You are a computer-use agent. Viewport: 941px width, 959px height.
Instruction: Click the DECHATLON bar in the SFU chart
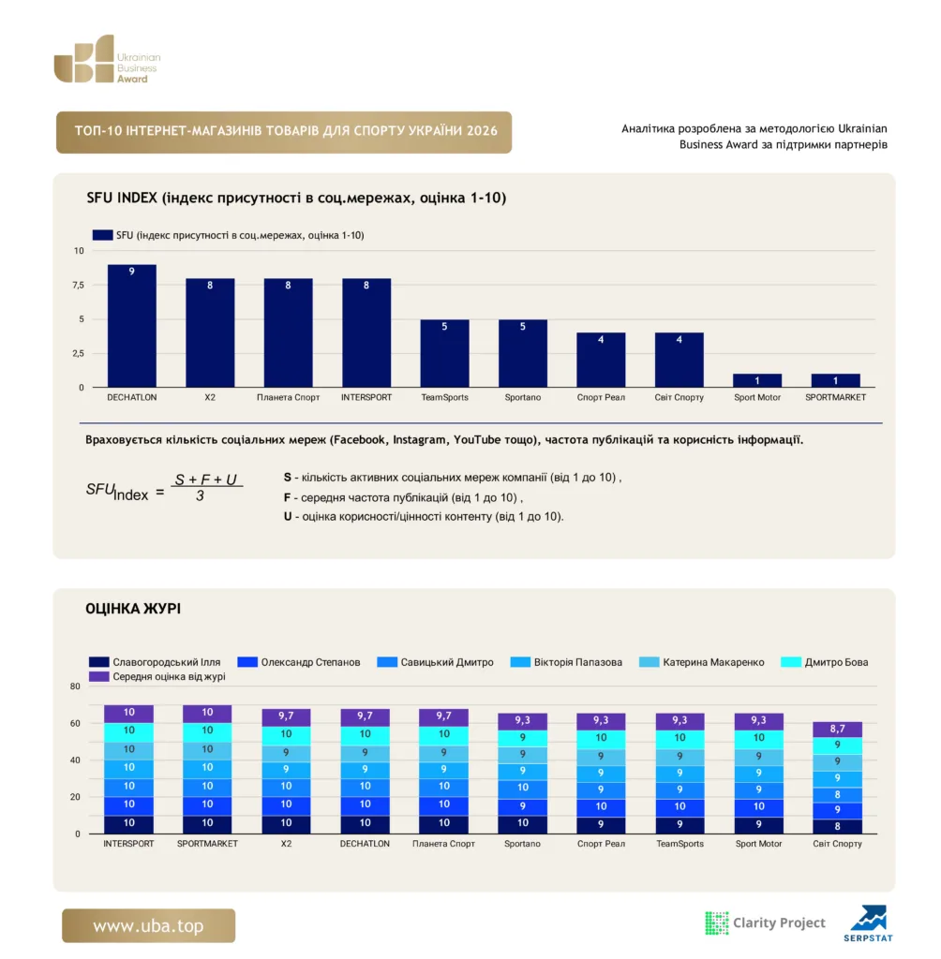pos(131,325)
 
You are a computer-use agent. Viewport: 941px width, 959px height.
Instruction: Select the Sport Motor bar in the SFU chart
pos(756,380)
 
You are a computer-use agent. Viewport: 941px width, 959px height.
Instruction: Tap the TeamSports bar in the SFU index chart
pos(444,353)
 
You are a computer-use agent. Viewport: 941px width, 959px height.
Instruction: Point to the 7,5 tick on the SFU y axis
pos(79,285)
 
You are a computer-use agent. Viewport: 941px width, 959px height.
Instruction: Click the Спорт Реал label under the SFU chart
pos(601,397)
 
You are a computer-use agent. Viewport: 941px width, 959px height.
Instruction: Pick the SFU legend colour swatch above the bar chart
pos(102,235)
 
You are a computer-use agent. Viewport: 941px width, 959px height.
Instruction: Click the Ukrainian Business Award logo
pos(107,59)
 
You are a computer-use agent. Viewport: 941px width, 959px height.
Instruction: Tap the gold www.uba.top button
pos(148,925)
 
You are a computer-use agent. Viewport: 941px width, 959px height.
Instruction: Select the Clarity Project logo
pos(765,922)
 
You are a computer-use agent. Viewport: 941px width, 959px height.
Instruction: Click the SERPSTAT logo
pos(868,922)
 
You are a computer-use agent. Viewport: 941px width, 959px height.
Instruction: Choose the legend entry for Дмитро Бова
pos(824,662)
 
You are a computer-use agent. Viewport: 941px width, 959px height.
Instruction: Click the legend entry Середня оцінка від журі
pos(157,676)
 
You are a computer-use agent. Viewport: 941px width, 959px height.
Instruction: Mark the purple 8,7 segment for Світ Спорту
pos(837,729)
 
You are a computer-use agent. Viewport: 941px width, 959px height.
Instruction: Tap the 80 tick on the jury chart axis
pos(75,686)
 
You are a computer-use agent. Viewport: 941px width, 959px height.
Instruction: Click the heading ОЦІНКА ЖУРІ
pos(133,609)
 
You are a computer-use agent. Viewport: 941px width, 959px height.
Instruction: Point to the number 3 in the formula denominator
pos(201,496)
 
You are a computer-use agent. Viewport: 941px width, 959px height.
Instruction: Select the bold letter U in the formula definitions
pos(287,516)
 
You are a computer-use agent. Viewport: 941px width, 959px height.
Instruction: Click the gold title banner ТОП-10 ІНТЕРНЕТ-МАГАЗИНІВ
pos(284,132)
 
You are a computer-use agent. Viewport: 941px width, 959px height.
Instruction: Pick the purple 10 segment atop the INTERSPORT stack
pos(128,714)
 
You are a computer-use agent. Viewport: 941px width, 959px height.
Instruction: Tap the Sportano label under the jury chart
pos(522,844)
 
